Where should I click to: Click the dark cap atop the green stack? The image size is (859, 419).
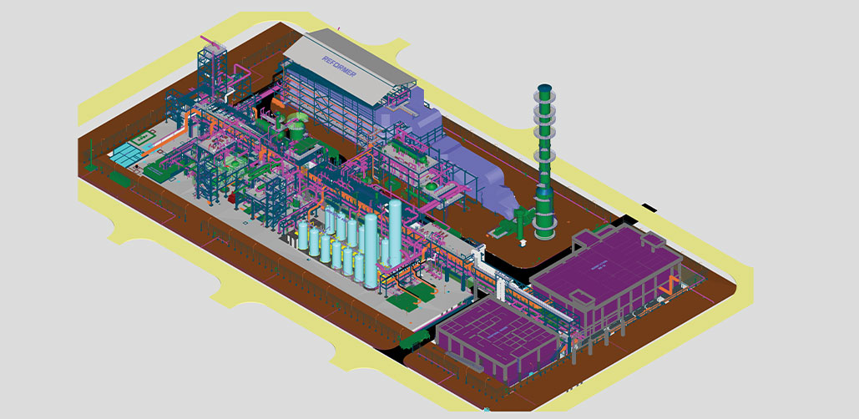coord(543,88)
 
